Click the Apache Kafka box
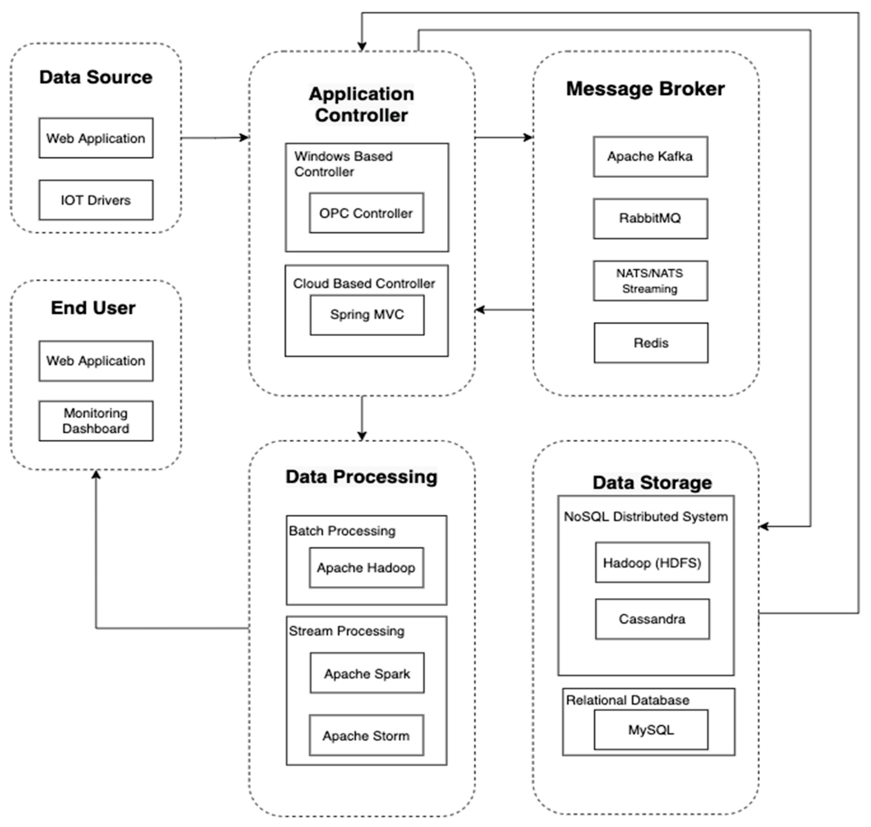click(650, 156)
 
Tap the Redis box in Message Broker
click(651, 343)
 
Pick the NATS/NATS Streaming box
click(650, 281)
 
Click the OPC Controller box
click(366, 213)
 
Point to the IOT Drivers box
click(96, 200)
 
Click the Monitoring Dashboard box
click(96, 421)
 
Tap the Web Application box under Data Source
click(96, 138)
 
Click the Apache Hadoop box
click(366, 568)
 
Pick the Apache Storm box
click(366, 735)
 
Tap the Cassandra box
click(652, 619)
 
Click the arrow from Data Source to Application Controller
click(215, 138)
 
